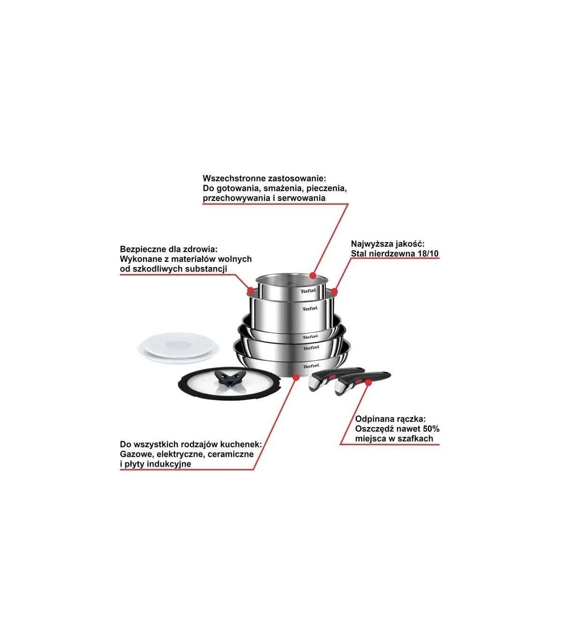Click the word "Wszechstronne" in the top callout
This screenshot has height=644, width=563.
pyautogui.click(x=234, y=178)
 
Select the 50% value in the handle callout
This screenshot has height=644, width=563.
pyautogui.click(x=431, y=429)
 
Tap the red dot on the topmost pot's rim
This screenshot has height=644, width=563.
pyautogui.click(x=312, y=276)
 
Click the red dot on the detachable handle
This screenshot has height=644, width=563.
pyautogui.click(x=368, y=383)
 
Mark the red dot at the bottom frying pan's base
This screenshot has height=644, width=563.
pyautogui.click(x=295, y=377)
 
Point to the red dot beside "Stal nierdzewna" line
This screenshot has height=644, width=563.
pyautogui.click(x=334, y=291)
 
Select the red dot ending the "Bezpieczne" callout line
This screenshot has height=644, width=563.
pyautogui.click(x=251, y=290)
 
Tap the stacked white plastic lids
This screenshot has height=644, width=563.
pyautogui.click(x=179, y=347)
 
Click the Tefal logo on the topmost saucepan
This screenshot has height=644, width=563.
pyautogui.click(x=308, y=291)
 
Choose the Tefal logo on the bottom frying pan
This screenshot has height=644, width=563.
pyautogui.click(x=311, y=366)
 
